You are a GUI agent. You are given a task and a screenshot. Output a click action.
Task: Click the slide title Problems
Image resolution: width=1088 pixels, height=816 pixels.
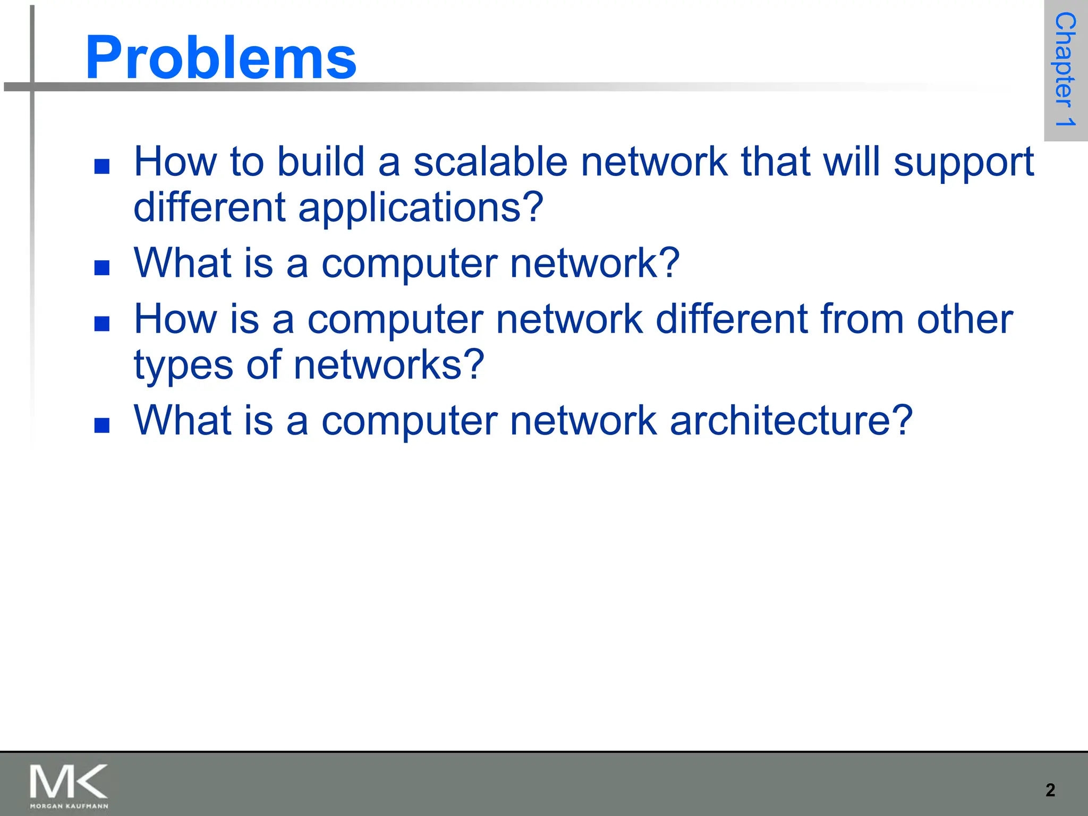[220, 57]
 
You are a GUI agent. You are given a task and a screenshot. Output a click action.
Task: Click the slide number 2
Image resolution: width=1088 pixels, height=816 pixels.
[1050, 790]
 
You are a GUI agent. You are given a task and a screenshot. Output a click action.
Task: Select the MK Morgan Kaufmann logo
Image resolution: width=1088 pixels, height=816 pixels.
[69, 786]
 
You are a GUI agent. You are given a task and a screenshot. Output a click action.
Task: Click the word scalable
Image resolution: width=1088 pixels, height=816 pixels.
[490, 161]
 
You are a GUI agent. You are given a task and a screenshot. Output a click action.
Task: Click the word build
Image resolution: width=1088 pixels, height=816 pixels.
[321, 161]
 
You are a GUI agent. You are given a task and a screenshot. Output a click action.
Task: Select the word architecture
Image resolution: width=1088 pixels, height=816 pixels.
[790, 421]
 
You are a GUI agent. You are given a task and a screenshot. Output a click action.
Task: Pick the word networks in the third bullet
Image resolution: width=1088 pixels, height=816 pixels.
[388, 365]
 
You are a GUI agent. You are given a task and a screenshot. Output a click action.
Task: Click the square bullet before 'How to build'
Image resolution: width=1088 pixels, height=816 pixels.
[102, 167]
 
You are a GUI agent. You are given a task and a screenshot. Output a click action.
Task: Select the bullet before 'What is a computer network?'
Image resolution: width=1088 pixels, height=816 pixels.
[102, 268]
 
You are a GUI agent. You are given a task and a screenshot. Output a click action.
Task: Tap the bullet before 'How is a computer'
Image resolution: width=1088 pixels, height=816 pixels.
[102, 324]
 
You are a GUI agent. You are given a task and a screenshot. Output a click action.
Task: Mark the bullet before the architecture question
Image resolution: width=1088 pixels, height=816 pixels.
[102, 426]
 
